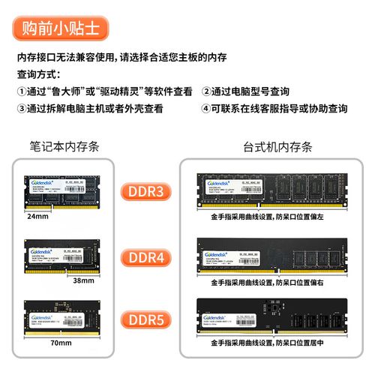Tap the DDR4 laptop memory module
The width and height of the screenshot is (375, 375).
pyautogui.click(x=64, y=255)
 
